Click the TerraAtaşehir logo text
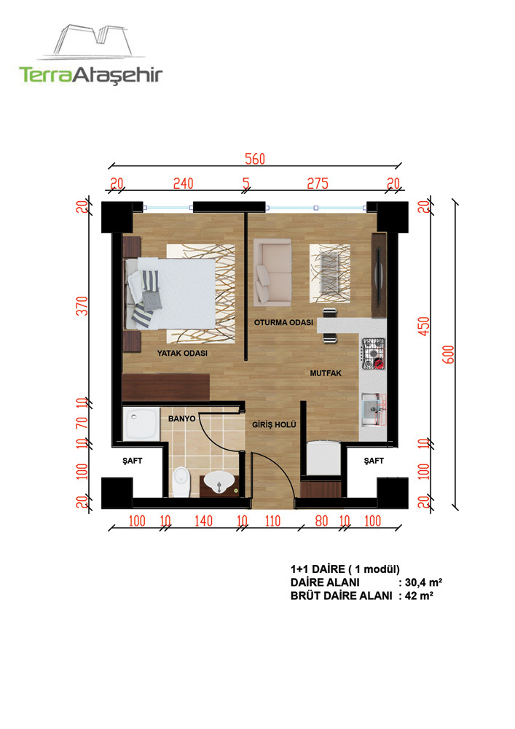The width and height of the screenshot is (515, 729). tap(90, 75)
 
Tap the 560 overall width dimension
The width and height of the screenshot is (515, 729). tap(255, 159)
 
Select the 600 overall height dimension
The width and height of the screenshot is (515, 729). tap(449, 355)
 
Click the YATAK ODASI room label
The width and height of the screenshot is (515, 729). tap(182, 354)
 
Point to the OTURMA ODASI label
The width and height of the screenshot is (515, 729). tap(283, 322)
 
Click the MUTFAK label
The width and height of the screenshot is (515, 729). tap(326, 373)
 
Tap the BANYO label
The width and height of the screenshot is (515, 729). tap(181, 419)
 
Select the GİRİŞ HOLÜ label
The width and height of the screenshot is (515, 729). tap(274, 424)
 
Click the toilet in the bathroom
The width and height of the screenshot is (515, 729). tap(181, 482)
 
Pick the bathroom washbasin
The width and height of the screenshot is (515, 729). tap(219, 482)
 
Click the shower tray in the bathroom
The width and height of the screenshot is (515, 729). tap(141, 423)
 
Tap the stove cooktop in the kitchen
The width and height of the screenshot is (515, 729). tap(374, 354)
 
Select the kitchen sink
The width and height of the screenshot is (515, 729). tap(374, 410)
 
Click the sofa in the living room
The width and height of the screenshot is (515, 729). tap(272, 272)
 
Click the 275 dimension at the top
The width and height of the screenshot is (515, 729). tap(318, 184)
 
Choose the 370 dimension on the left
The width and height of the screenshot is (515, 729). tap(82, 306)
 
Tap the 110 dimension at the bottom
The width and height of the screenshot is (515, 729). tap(272, 521)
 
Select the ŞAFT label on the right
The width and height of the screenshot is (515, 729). tap(374, 461)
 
